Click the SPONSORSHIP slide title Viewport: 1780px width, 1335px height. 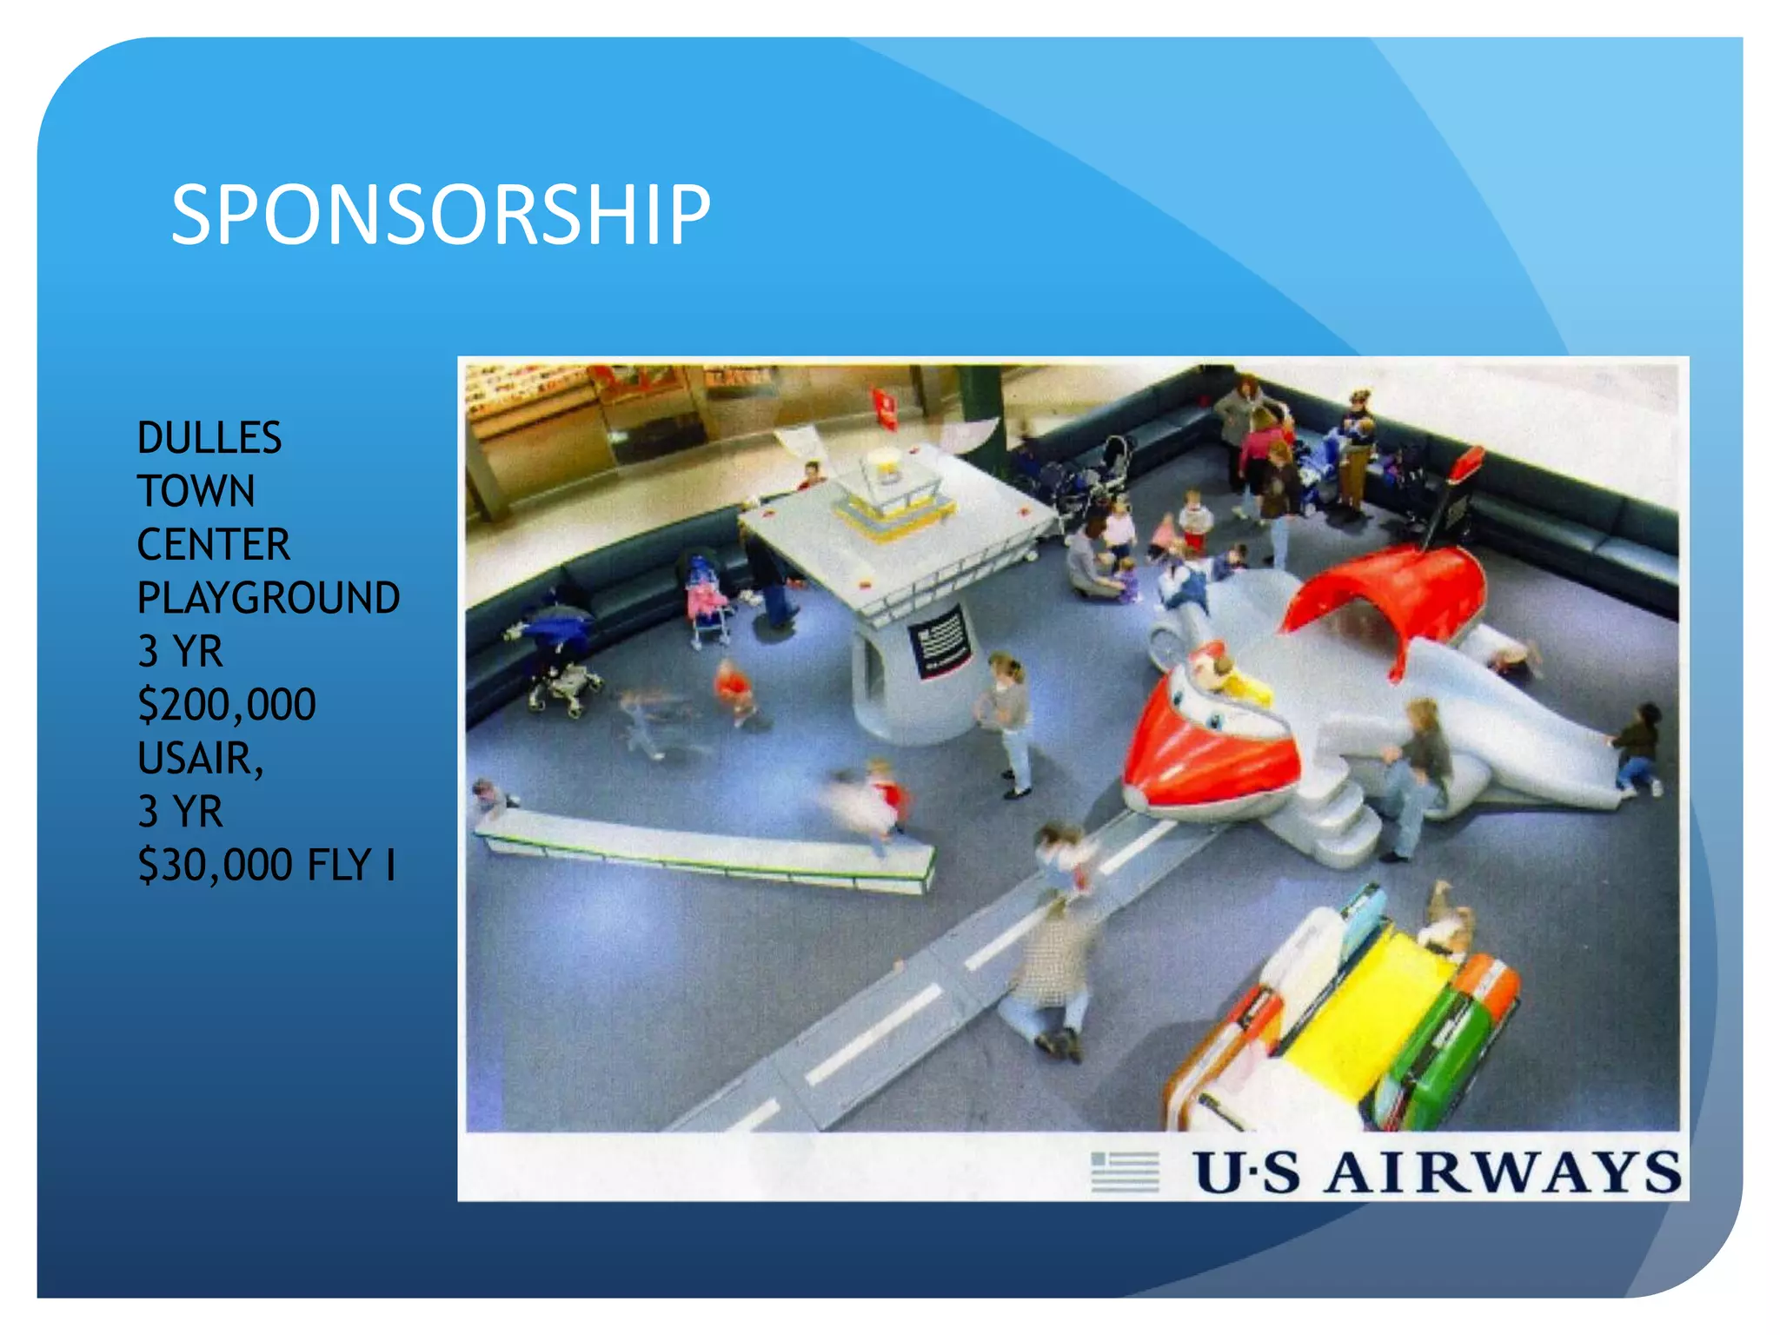pos(441,215)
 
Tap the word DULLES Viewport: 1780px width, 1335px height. pos(209,438)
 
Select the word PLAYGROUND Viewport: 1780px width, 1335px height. pos(269,598)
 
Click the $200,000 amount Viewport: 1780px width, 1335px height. pos(227,705)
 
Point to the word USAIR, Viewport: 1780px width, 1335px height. pos(201,758)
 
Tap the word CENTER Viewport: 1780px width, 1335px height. pos(214,545)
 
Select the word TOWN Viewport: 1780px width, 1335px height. pos(196,491)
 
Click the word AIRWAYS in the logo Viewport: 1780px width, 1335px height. pos(1504,1172)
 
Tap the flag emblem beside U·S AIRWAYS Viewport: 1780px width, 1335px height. pos(1125,1172)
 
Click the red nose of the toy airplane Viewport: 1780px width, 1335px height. pos(1204,747)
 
